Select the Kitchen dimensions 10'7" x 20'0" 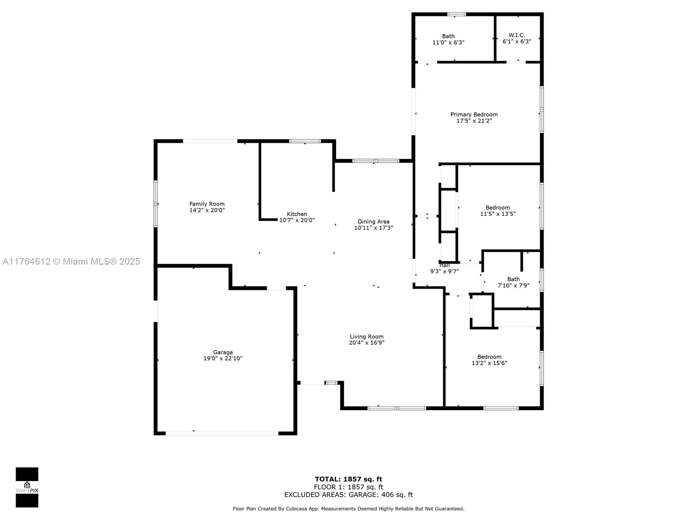pos(297,220)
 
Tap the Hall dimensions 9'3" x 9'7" pos(444,271)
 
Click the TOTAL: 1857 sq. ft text pos(348,479)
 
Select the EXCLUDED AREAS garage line pos(348,495)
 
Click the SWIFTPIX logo pos(27,487)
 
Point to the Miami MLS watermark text pos(71,261)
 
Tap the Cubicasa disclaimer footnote pos(348,509)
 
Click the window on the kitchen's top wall pos(305,141)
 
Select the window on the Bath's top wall pos(457,14)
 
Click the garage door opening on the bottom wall pos(222,433)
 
